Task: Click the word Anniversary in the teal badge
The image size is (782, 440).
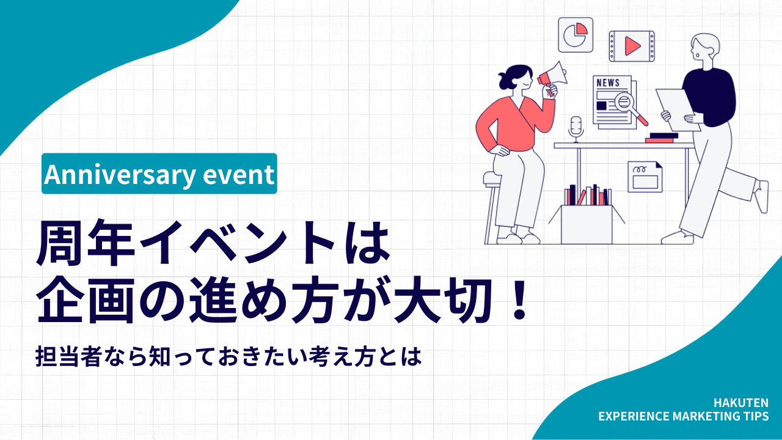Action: (115, 175)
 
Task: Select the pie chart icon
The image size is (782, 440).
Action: (576, 35)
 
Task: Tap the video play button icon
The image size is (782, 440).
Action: (632, 46)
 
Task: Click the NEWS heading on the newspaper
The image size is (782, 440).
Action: (607, 83)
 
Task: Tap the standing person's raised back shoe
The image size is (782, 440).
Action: (761, 196)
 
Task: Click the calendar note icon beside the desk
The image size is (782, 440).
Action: (645, 177)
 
